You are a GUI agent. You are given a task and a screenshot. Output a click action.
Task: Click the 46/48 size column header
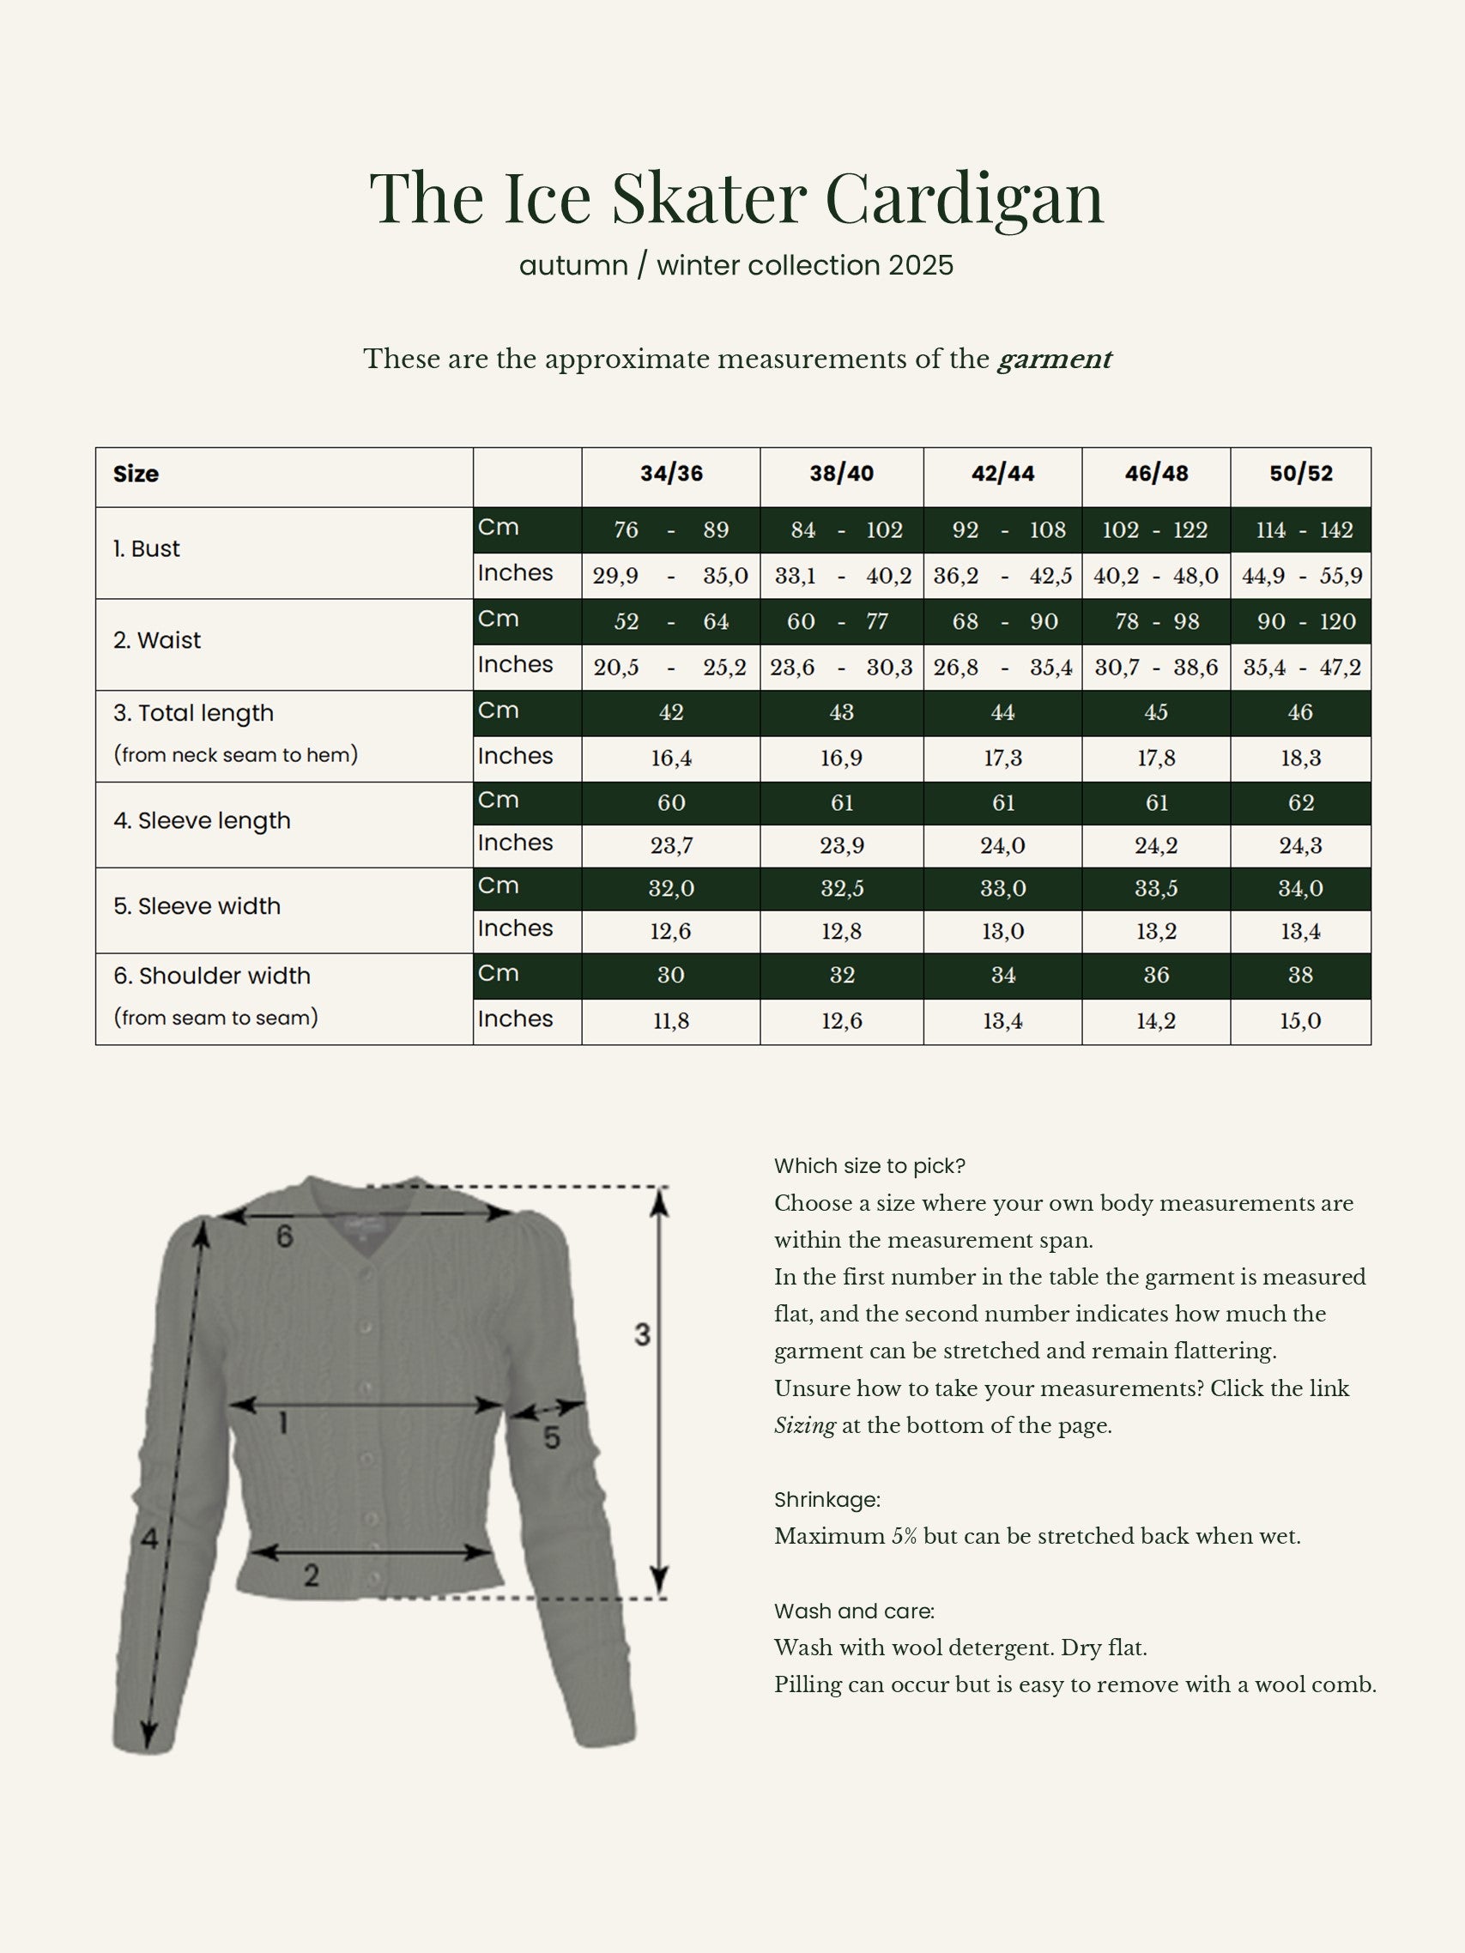(x=1156, y=475)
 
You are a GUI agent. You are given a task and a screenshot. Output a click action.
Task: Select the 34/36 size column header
(x=671, y=475)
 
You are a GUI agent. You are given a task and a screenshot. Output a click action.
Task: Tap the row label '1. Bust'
(x=147, y=549)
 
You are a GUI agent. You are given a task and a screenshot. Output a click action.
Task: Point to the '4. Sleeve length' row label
(x=202, y=821)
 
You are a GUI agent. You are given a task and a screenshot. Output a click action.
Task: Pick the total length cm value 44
(x=1002, y=712)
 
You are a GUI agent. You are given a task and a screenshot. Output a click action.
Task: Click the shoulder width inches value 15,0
(x=1301, y=1021)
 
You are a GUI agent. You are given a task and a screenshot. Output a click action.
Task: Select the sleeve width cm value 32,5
(x=842, y=888)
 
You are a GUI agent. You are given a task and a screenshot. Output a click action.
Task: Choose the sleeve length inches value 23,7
(x=671, y=846)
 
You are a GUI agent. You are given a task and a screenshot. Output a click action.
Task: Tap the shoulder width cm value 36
(x=1156, y=975)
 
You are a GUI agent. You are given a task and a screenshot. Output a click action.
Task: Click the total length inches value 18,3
(x=1301, y=759)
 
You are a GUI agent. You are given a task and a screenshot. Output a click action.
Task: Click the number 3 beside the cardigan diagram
(x=642, y=1334)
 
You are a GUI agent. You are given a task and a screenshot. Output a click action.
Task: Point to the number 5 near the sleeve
(x=551, y=1438)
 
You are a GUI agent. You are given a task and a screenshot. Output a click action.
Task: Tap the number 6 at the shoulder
(x=284, y=1237)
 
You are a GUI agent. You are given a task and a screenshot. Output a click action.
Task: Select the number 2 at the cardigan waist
(x=311, y=1575)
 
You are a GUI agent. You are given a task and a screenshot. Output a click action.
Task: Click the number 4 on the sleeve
(x=149, y=1539)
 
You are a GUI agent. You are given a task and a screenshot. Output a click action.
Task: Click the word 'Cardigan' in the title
(x=965, y=197)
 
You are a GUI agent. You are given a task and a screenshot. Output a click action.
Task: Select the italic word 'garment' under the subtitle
(x=1054, y=360)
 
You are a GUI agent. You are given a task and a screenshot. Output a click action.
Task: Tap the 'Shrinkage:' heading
(x=826, y=1499)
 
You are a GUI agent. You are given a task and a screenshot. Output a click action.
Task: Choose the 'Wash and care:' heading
(x=854, y=1611)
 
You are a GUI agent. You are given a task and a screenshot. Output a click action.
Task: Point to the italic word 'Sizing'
(x=804, y=1426)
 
